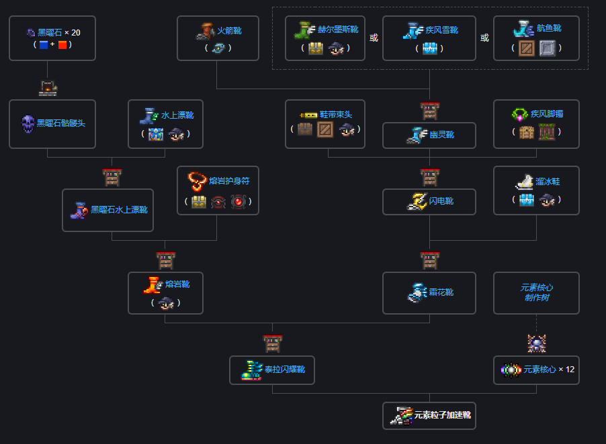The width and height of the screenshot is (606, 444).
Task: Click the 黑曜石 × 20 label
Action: pos(58,32)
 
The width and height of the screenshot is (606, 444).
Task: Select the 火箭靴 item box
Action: pos(217,38)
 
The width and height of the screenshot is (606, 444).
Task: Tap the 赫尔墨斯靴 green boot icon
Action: pos(303,30)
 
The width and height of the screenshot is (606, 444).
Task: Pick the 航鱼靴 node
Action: pos(536,38)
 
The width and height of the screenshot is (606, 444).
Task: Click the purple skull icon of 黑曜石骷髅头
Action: pos(28,123)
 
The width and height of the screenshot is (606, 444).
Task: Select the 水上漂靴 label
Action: pos(177,115)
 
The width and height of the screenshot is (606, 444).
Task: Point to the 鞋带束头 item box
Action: pos(325,123)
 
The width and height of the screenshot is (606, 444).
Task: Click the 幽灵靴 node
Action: pos(429,135)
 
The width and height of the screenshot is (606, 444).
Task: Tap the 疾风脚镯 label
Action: pos(547,114)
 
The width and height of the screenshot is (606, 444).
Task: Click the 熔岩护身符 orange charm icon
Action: pos(197,181)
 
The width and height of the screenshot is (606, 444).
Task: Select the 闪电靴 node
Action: pos(429,201)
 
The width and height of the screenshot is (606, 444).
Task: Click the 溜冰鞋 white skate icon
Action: pos(524,181)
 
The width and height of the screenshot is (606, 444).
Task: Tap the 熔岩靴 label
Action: pos(177,284)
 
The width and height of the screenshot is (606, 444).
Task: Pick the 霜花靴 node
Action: pos(429,292)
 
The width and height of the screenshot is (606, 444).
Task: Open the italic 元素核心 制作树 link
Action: pos(536,292)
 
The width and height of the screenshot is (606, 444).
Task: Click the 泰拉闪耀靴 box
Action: pos(272,370)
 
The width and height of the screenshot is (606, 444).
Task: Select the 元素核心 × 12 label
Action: pos(549,370)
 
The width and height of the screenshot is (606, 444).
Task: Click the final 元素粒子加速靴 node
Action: pos(429,415)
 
